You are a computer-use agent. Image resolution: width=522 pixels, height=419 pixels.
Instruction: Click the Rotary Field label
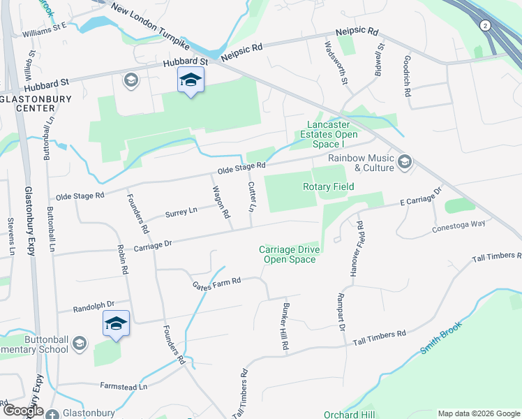tap(328, 186)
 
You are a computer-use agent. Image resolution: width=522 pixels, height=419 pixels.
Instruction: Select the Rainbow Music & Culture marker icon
tap(404, 163)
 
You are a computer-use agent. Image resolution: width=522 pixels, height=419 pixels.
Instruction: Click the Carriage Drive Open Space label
tap(288, 254)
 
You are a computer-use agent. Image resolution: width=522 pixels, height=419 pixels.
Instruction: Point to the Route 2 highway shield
tap(484, 26)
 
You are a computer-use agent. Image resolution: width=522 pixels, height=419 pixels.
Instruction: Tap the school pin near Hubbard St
tap(190, 82)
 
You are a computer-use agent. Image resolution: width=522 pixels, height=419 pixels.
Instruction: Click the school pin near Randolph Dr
tap(116, 324)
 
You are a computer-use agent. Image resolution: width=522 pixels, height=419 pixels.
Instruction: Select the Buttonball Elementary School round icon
tap(79, 342)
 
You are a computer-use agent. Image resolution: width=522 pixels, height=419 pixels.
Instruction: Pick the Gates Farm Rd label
tap(217, 281)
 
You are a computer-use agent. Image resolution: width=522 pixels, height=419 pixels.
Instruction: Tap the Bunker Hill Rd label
tap(285, 327)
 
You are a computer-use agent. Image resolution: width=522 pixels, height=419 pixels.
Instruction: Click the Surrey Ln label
tap(181, 211)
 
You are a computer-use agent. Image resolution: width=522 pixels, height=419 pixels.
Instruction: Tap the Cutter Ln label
tap(251, 197)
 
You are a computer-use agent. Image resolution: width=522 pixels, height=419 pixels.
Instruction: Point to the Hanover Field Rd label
tap(360, 249)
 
